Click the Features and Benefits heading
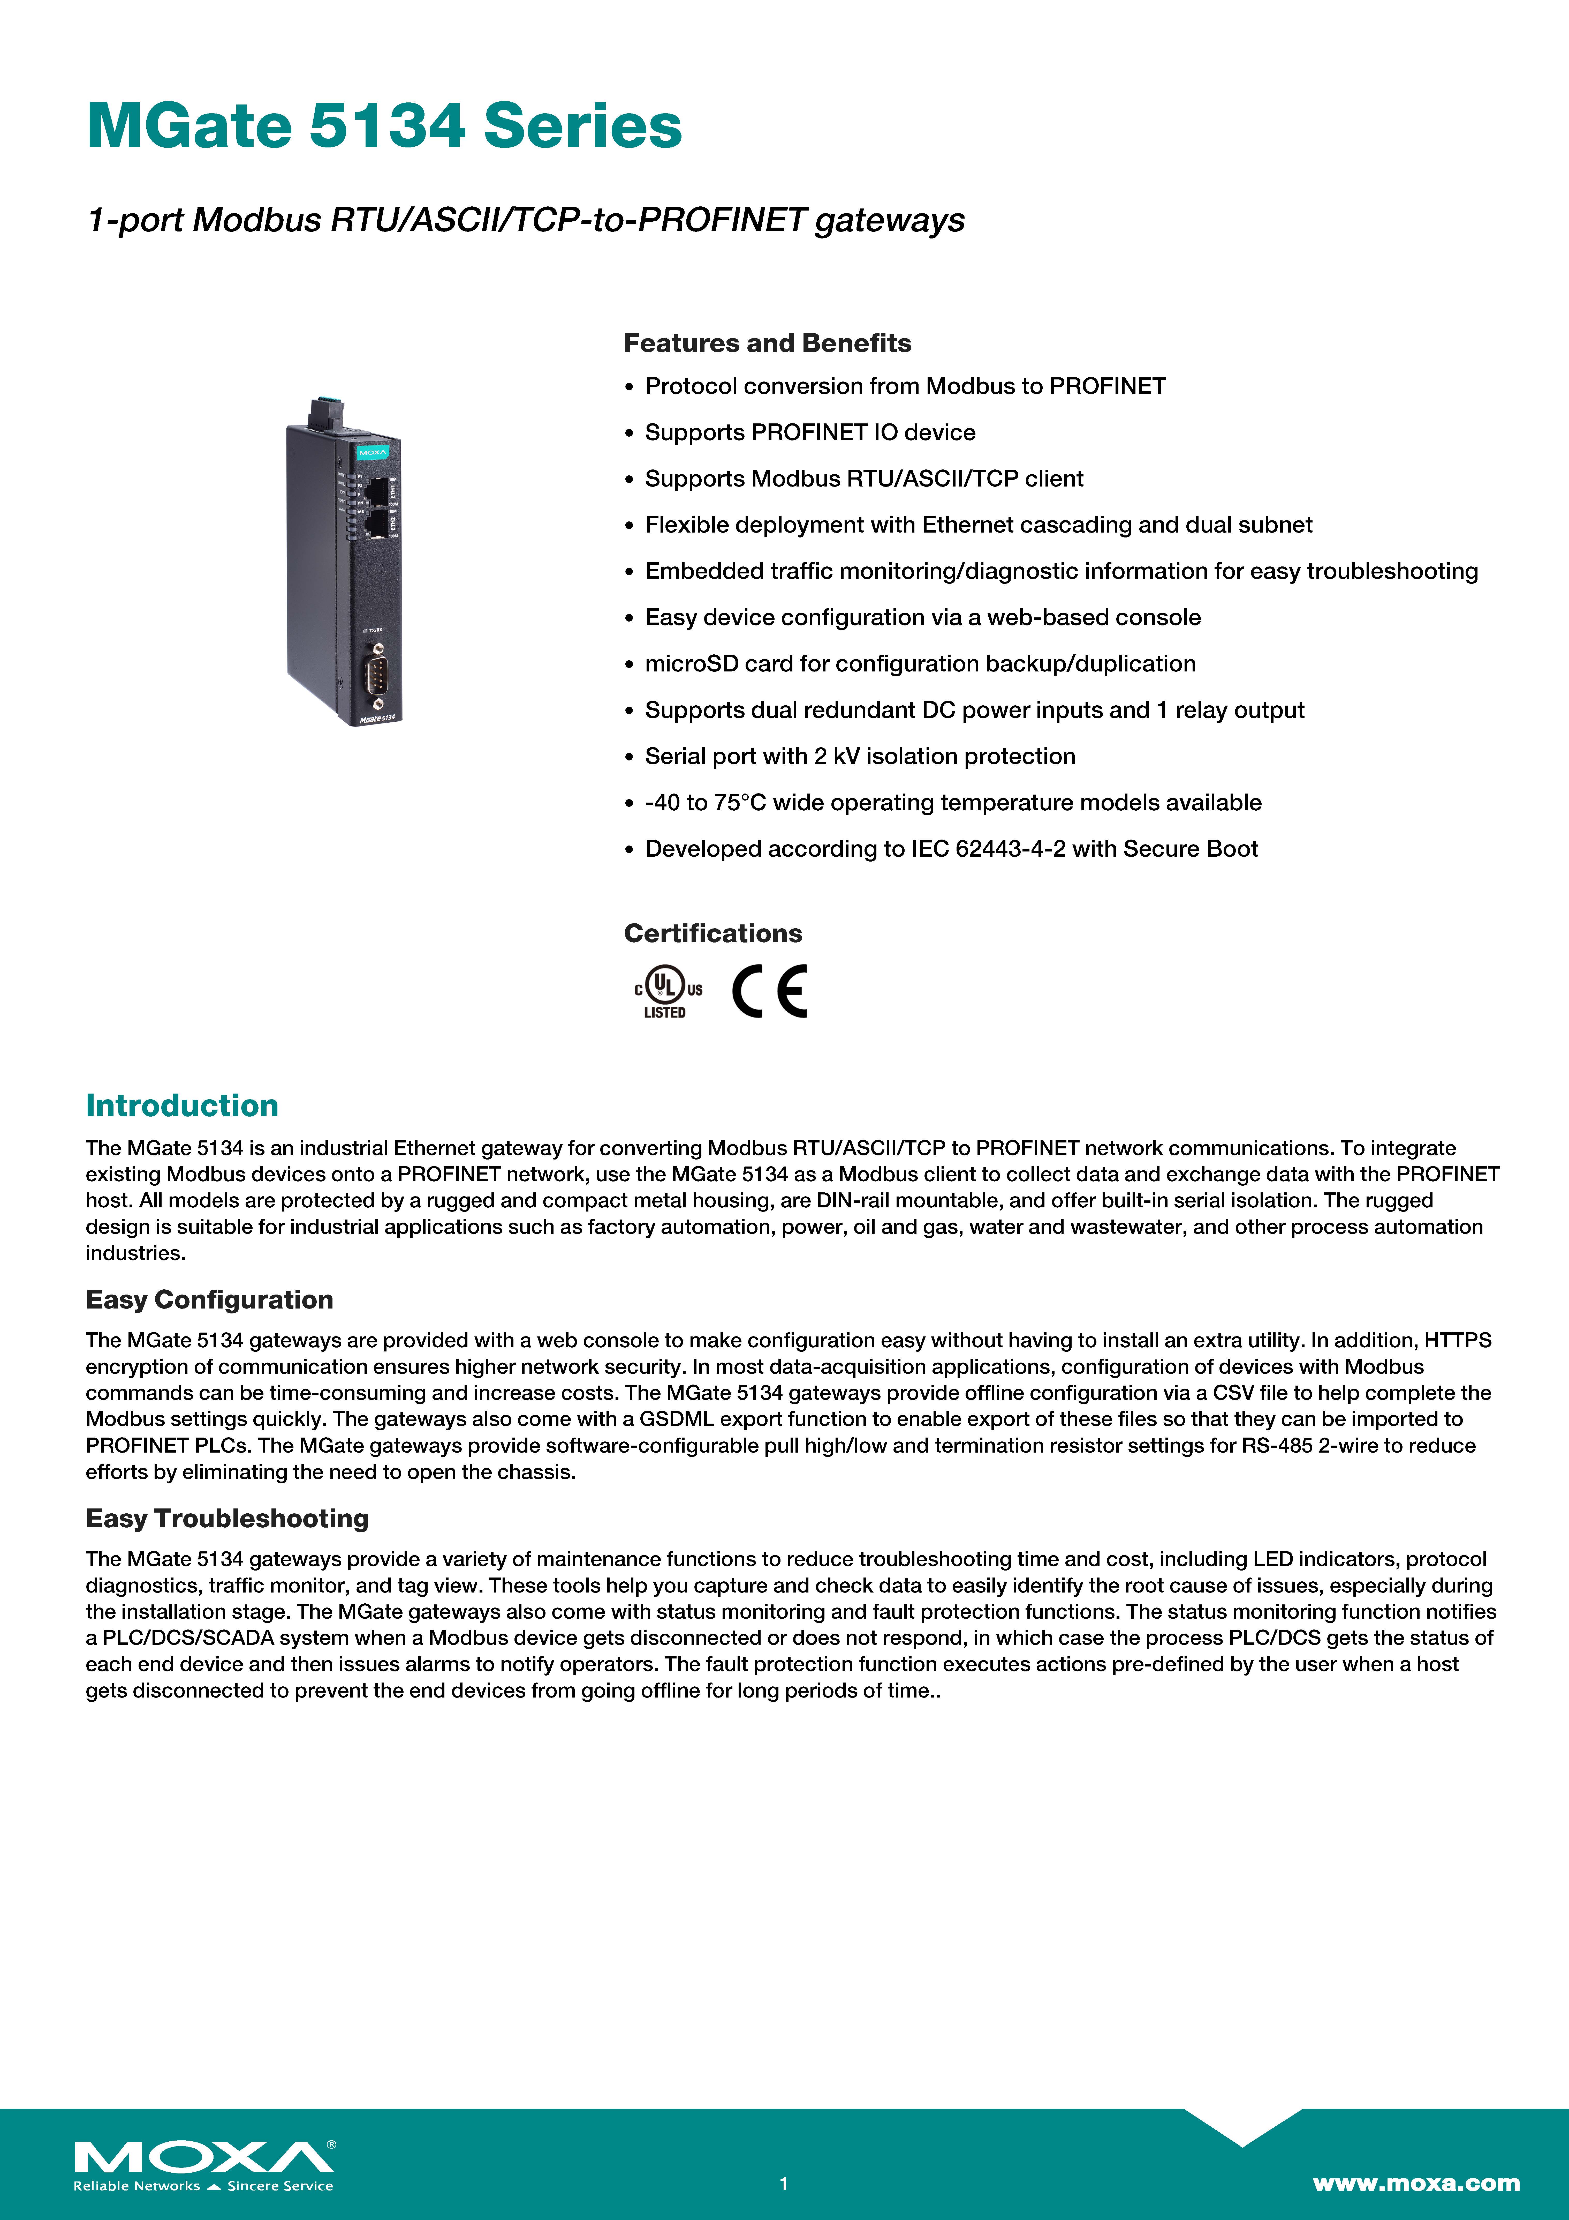pyautogui.click(x=767, y=343)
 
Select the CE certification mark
pyautogui.click(x=770, y=991)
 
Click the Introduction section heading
pyautogui.click(x=182, y=1105)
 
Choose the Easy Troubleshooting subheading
pyautogui.click(x=227, y=1518)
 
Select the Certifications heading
pyautogui.click(x=713, y=933)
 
